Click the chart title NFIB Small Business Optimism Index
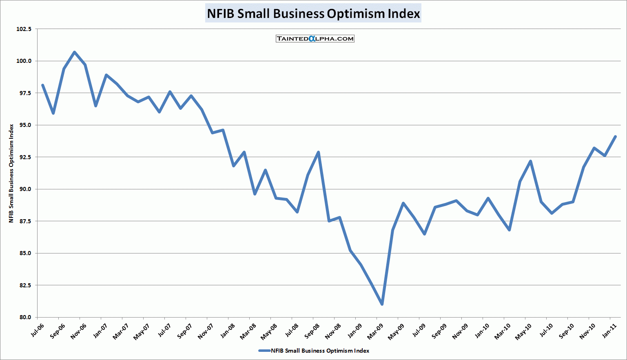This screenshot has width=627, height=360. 313,13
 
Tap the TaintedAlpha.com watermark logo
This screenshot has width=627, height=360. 315,39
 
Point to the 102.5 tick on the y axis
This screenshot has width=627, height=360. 24,29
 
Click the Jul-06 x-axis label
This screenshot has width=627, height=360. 38,330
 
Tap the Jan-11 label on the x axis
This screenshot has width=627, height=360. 610,330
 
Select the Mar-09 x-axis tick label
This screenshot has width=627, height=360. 376,331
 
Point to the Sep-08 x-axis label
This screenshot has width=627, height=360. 312,331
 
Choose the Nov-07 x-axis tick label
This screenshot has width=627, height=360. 206,331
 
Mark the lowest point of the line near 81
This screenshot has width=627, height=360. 382,304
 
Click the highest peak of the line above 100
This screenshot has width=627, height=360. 74,52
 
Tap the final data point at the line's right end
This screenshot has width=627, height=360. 615,137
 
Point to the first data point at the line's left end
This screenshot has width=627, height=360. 42,85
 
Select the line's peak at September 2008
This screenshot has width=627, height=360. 318,152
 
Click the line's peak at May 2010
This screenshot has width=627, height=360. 530,161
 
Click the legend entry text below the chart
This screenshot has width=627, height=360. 320,351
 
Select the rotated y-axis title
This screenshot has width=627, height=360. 11,173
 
